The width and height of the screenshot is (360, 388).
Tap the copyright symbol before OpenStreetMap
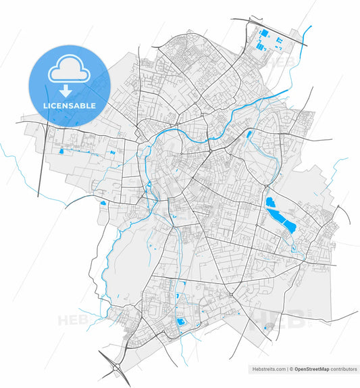(x=292, y=369)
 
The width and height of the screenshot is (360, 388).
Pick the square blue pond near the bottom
(x=180, y=322)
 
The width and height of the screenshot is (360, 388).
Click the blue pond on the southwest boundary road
(x=103, y=203)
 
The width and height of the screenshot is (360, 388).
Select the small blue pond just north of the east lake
(x=249, y=135)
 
